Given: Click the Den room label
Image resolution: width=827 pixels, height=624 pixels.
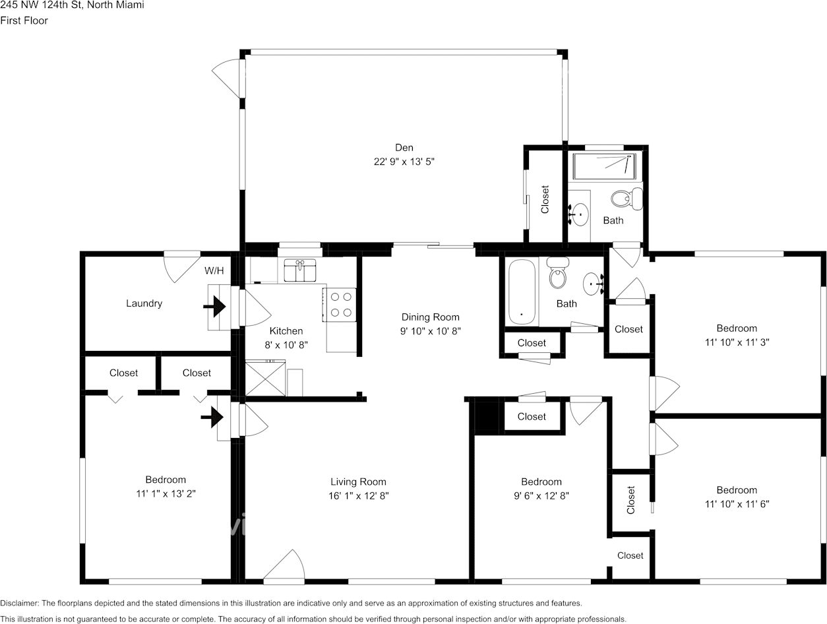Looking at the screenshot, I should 404,148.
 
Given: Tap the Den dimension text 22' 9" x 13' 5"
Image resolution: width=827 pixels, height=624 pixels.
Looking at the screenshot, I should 404,161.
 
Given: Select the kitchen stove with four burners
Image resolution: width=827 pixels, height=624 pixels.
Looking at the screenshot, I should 340,304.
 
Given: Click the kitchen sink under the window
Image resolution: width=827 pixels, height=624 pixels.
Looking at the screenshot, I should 300,270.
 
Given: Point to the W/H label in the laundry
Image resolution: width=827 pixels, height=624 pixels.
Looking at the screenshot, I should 214,270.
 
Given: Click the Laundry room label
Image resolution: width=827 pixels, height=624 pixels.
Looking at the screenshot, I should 144,303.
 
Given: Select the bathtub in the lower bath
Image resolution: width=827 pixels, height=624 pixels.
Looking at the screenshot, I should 522,292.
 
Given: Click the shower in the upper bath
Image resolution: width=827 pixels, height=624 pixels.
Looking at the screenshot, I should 604,166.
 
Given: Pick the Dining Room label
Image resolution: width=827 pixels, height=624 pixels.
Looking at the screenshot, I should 431,317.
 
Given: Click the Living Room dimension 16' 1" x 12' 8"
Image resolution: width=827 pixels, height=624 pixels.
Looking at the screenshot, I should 358,496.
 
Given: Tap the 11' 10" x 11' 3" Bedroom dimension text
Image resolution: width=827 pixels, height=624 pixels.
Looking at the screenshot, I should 737,342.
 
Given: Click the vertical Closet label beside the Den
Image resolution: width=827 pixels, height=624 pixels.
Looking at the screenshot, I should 545,200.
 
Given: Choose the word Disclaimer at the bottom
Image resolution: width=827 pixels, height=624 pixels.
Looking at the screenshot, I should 20,604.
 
